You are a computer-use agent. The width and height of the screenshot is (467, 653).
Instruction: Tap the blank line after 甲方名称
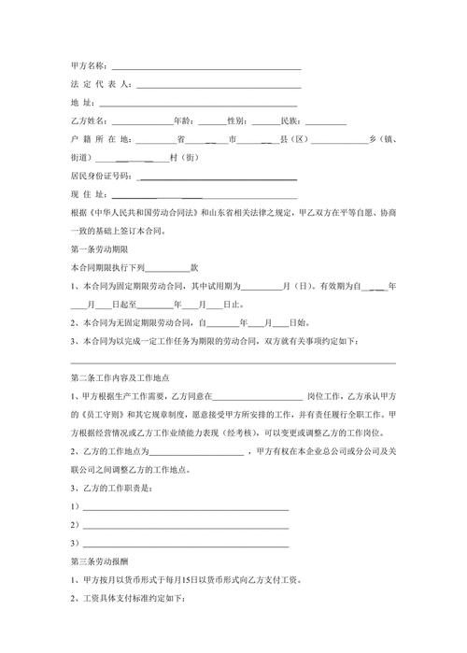tap(206, 68)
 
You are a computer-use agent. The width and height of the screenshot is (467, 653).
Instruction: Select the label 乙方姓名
tap(91, 121)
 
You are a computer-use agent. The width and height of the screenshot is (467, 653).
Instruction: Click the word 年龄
tap(183, 121)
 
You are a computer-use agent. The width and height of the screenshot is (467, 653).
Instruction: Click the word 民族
tap(289, 121)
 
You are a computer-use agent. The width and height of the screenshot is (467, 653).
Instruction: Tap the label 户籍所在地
tap(101, 138)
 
